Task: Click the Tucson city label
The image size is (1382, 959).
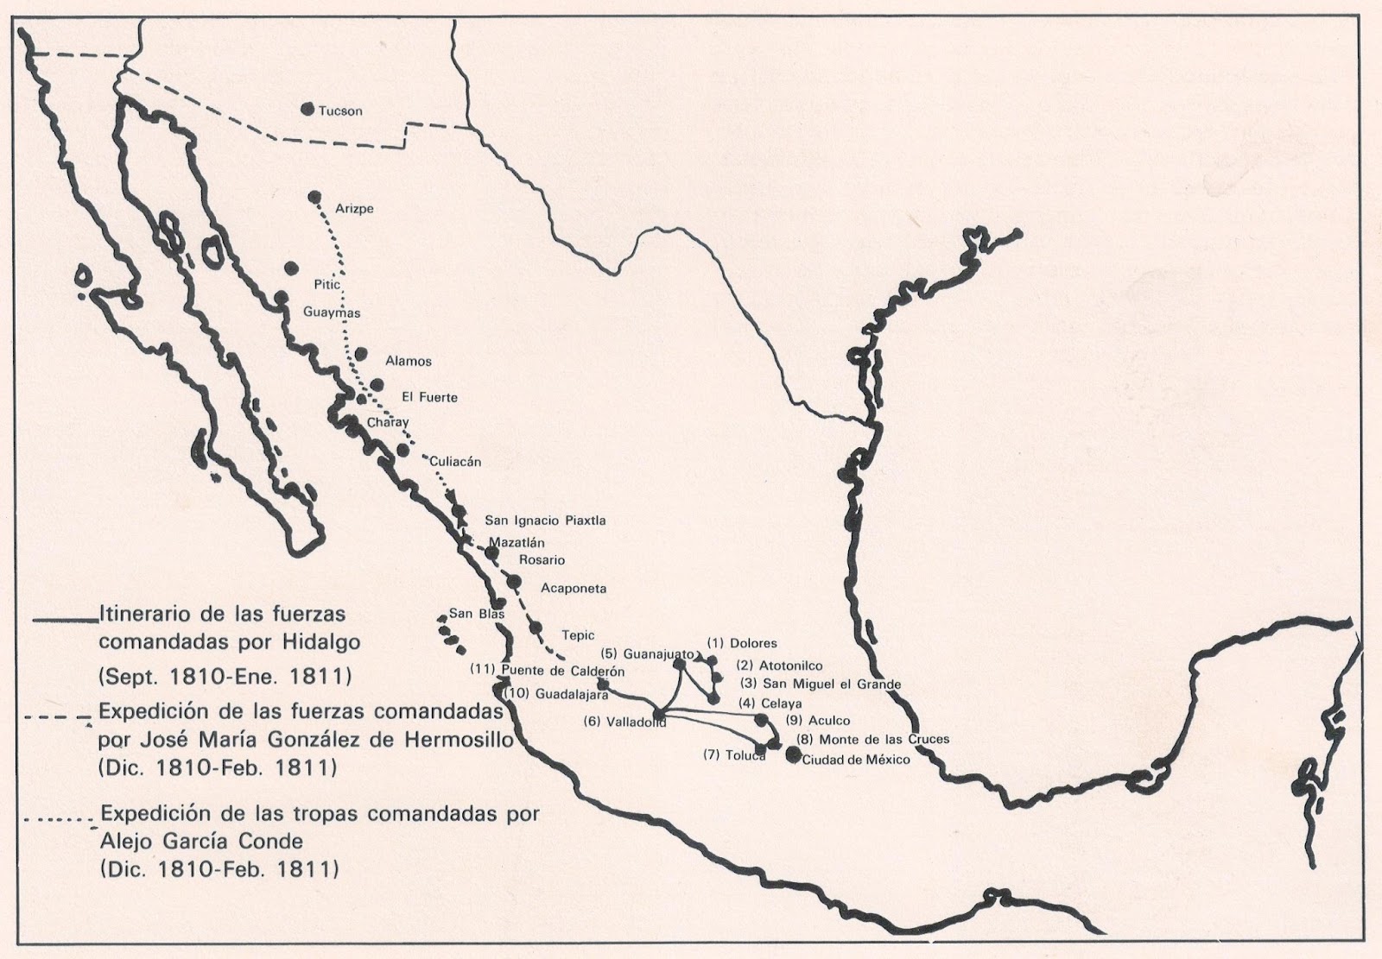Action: (x=340, y=111)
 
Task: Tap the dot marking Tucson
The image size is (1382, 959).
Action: (x=307, y=110)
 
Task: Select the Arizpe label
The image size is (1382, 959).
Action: (x=354, y=209)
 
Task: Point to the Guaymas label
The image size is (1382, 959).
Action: (x=332, y=312)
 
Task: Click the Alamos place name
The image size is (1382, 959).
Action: (x=409, y=362)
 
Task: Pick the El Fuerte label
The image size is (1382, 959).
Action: (x=429, y=398)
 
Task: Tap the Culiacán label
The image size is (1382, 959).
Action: (x=455, y=462)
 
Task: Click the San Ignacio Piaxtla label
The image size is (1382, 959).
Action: (x=545, y=521)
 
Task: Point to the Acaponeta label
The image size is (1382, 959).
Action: (x=574, y=589)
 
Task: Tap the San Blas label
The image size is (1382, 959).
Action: (x=472, y=615)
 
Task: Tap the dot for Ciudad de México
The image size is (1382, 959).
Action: (x=794, y=755)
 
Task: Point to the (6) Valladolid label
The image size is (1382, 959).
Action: (x=624, y=722)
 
